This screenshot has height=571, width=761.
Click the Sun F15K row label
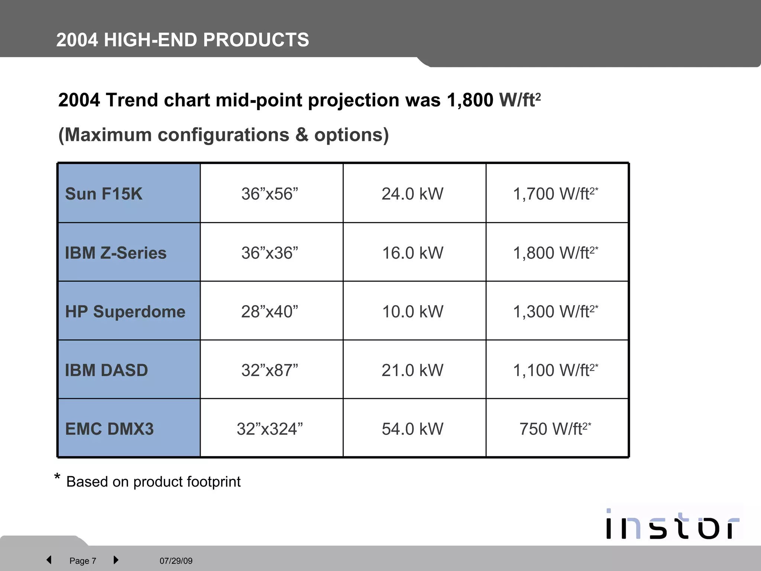(x=104, y=194)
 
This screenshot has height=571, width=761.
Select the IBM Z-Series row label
(x=116, y=253)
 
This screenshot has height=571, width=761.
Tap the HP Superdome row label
(x=125, y=312)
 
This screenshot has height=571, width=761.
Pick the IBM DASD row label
(x=106, y=370)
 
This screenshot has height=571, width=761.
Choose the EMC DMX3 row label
(x=109, y=429)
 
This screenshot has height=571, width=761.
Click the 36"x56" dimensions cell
(x=270, y=194)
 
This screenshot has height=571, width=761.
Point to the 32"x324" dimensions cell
(x=270, y=429)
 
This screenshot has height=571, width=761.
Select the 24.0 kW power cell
(x=412, y=194)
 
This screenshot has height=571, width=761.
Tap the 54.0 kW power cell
(x=412, y=429)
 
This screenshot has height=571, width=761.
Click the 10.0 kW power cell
(x=412, y=312)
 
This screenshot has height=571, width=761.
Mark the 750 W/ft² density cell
(x=555, y=429)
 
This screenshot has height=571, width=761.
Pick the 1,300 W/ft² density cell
(x=555, y=312)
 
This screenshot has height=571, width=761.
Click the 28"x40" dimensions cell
(x=270, y=312)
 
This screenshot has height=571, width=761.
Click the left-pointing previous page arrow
(x=49, y=560)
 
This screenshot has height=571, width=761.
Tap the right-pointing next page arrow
(x=116, y=560)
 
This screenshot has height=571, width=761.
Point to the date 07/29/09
(x=176, y=561)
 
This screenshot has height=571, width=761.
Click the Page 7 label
(x=83, y=561)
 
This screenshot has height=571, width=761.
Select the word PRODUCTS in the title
(x=256, y=40)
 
